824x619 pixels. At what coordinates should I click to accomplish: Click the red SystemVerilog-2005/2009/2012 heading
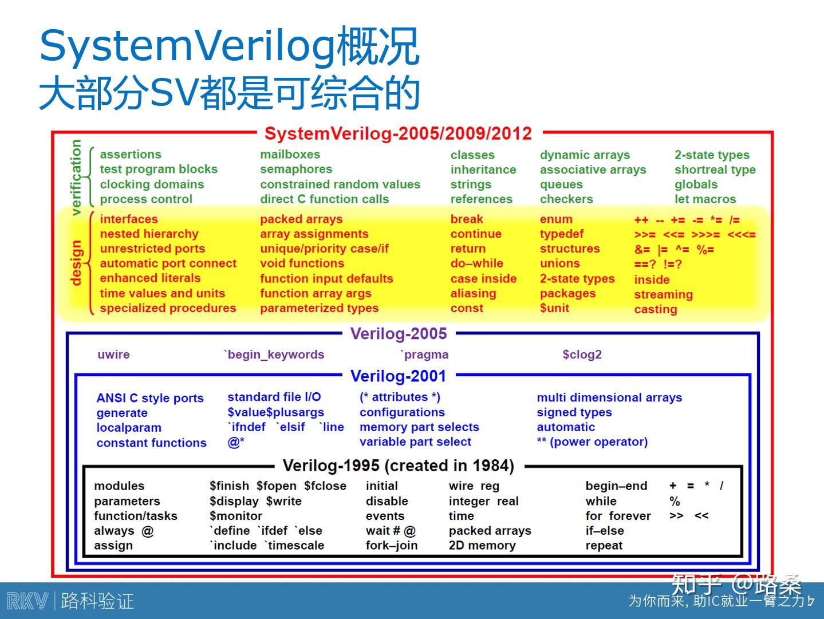pos(398,133)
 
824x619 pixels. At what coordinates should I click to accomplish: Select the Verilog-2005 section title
pos(398,334)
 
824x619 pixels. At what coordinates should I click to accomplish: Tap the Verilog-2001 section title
pos(398,376)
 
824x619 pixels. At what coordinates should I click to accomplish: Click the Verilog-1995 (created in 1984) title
pos(398,466)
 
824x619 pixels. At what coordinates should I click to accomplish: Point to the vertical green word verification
pos(76,177)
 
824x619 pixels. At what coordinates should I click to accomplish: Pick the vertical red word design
pos(76,263)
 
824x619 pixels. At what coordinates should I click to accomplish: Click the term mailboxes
pos(290,155)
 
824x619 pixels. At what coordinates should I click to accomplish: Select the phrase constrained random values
pos(340,184)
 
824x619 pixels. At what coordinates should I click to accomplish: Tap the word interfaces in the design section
pos(129,219)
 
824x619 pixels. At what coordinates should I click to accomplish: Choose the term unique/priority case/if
pos(324,249)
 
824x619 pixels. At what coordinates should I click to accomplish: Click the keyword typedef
pos(561,234)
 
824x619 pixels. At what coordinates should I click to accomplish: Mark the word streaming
pos(663,294)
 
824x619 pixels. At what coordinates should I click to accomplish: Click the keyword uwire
pos(113,354)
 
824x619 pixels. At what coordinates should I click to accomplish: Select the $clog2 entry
pos(582,354)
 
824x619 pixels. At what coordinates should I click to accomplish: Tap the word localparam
pos(129,428)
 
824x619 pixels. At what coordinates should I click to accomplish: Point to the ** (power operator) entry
pos(592,442)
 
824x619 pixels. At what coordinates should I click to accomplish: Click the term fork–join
pos(392,546)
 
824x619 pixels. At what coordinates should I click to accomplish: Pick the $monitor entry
pos(236,516)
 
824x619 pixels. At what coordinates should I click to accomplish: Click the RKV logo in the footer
pos(27,601)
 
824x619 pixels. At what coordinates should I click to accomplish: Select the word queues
pos(561,184)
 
